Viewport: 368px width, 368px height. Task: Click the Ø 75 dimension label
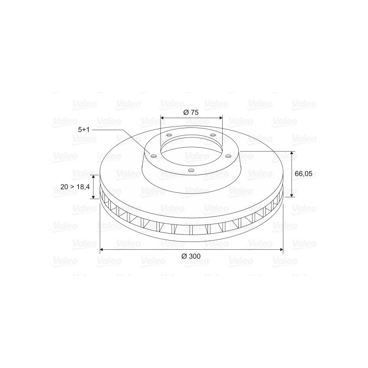(191, 112)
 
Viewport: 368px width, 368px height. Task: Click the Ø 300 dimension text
(191, 256)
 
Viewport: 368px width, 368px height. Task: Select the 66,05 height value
(304, 174)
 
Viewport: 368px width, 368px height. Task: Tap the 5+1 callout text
(84, 130)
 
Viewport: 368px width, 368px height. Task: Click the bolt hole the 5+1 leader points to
(154, 156)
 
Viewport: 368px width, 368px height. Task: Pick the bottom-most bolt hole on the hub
(191, 170)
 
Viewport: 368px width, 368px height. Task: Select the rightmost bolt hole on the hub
(228, 156)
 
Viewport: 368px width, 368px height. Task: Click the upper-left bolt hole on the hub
(169, 135)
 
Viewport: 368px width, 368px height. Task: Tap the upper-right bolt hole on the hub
(213, 135)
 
